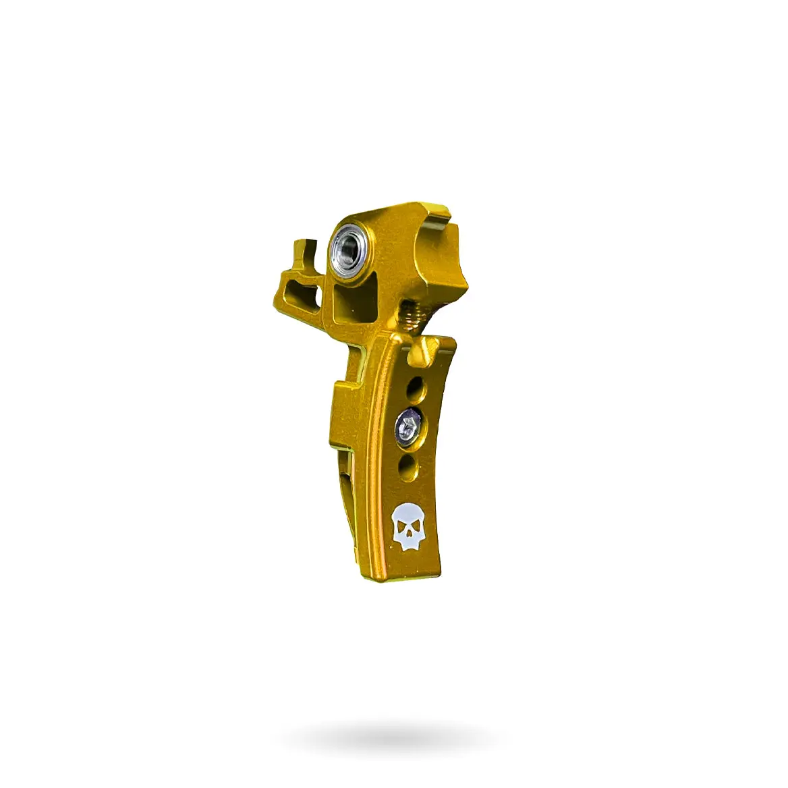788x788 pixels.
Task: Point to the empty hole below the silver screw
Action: (407, 466)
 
